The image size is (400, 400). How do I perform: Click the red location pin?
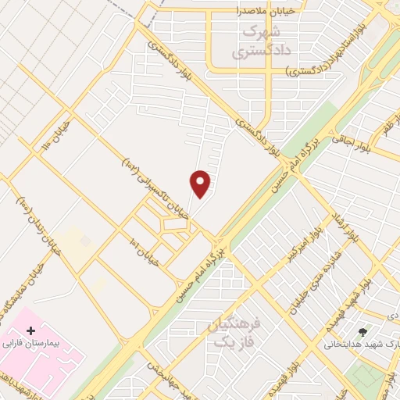201,184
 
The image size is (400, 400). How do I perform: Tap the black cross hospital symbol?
30,331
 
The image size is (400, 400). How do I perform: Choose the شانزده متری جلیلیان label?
320,281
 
